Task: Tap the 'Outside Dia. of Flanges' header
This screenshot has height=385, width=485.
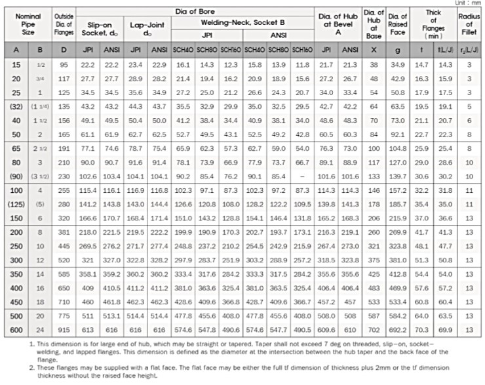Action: [64, 26]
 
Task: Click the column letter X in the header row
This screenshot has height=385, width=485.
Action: [374, 50]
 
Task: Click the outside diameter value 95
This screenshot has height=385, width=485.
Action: [64, 65]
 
